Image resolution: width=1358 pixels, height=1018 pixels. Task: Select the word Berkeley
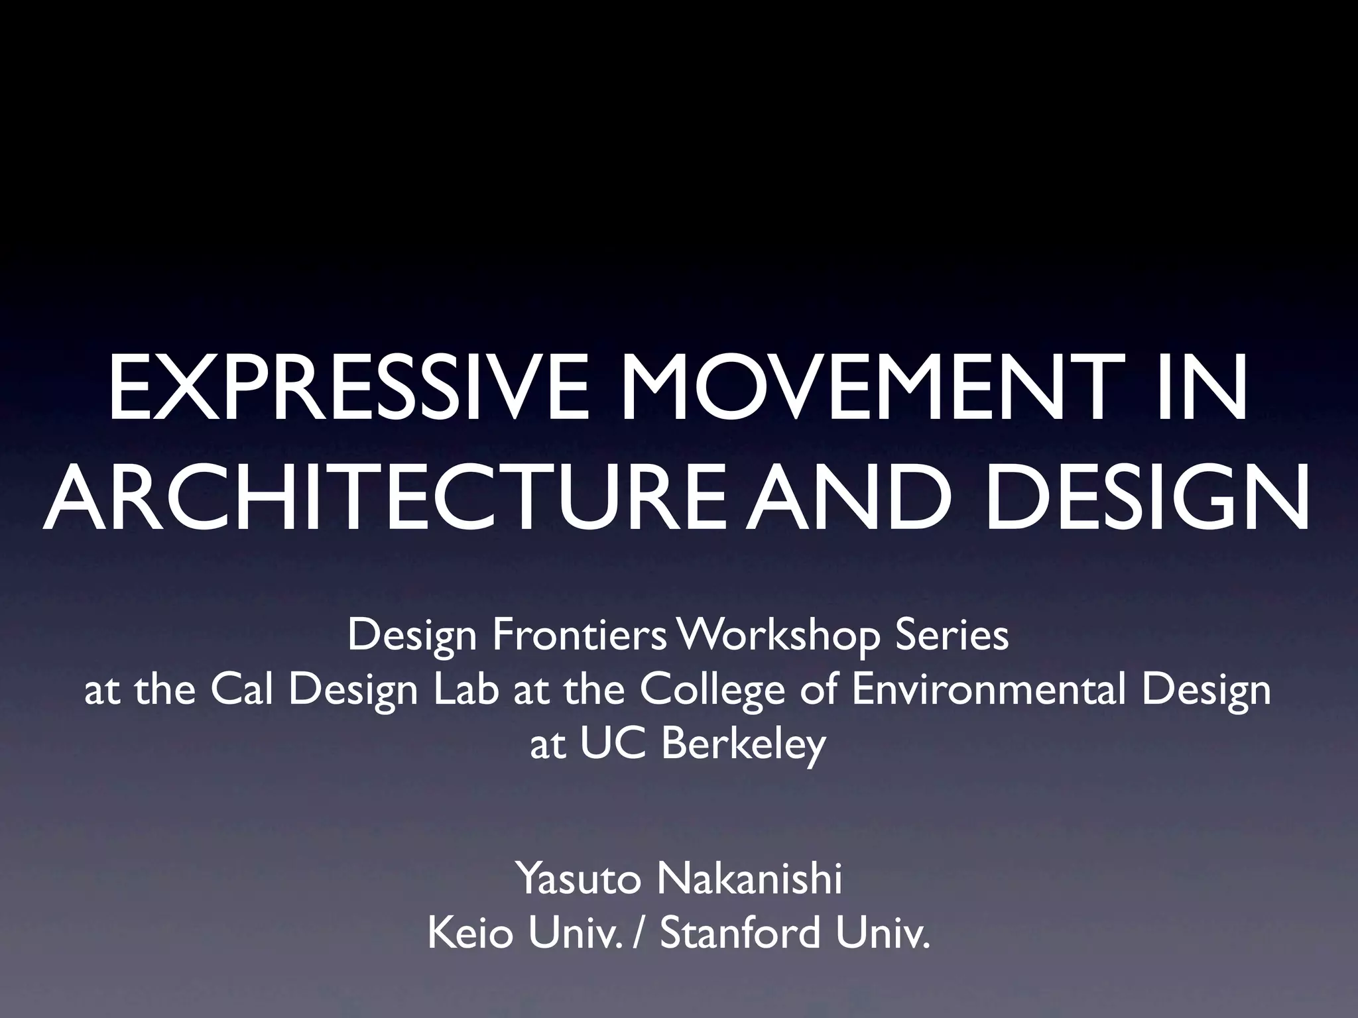tap(743, 744)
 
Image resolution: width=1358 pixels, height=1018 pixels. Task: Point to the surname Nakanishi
tap(749, 879)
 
